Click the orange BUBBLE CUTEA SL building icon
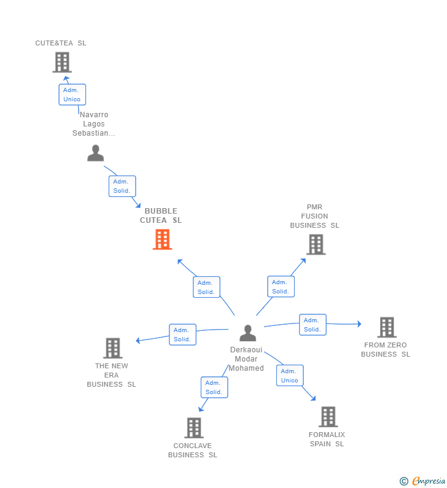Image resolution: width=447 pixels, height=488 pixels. pyautogui.click(x=162, y=239)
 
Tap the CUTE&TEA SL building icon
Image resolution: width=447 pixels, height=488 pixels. pyautogui.click(x=62, y=62)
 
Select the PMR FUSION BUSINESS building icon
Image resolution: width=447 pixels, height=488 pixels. pyautogui.click(x=316, y=244)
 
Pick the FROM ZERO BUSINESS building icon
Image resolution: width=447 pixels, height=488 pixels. pyautogui.click(x=386, y=327)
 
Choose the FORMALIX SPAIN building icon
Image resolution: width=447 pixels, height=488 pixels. pyautogui.click(x=328, y=417)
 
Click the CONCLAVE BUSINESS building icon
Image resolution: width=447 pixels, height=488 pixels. pyautogui.click(x=194, y=428)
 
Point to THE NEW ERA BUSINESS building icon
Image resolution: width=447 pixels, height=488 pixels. pyautogui.click(x=113, y=348)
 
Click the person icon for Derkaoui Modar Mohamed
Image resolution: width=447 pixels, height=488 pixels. pyautogui.click(x=247, y=333)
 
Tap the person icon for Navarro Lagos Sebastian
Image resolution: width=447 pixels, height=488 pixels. pyautogui.click(x=95, y=153)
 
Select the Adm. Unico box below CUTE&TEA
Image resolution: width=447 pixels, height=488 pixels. pyautogui.click(x=72, y=95)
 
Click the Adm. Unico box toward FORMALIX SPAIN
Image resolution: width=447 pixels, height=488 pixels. pyautogui.click(x=289, y=376)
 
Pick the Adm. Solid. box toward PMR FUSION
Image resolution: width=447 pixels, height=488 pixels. pyautogui.click(x=281, y=287)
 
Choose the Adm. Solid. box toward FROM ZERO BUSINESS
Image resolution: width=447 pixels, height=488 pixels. pyautogui.click(x=313, y=325)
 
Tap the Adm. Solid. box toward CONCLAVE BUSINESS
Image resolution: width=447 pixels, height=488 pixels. pyautogui.click(x=214, y=387)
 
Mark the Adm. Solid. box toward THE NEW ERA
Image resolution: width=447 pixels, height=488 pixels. pyautogui.click(x=182, y=335)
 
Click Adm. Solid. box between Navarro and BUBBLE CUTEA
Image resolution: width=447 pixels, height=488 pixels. pyautogui.click(x=122, y=186)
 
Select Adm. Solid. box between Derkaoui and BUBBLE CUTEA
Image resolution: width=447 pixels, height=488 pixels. pyautogui.click(x=206, y=287)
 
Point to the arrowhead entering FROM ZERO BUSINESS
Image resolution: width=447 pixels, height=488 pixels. pyautogui.click(x=359, y=324)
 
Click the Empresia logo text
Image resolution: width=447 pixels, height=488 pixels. pyautogui.click(x=429, y=481)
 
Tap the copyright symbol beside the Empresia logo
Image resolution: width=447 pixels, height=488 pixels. pyautogui.click(x=403, y=482)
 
